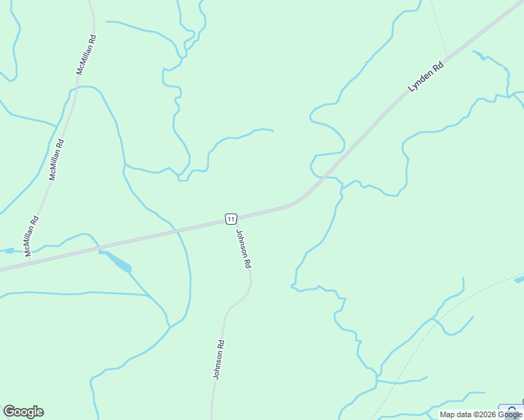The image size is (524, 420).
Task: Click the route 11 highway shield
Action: pos(231,219)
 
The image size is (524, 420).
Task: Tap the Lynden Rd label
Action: pos(427,78)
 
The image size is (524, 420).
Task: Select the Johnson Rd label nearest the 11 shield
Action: pos(243,249)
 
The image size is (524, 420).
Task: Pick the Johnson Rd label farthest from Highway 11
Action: pos(218,360)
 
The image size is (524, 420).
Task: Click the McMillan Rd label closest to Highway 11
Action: pos(32,236)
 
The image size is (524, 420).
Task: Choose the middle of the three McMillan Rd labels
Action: pos(56,160)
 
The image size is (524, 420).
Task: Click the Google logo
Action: pos(23,412)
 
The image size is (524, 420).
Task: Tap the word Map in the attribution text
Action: pos(448,414)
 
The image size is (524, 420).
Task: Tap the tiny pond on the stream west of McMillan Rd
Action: pos(8,250)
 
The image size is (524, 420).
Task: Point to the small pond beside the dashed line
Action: pos(518,280)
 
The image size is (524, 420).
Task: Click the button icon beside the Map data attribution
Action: pos(512,412)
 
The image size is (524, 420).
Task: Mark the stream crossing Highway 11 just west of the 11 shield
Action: pos(179,229)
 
